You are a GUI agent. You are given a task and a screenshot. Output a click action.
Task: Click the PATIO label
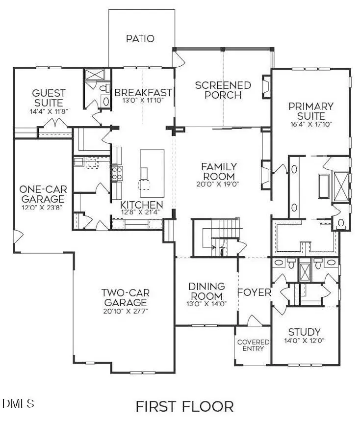[x=140, y=38]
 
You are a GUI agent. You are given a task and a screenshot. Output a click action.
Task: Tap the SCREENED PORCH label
[x=223, y=90]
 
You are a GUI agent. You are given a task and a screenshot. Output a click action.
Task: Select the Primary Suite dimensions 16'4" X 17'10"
[x=311, y=124]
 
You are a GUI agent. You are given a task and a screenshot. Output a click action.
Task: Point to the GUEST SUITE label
[x=48, y=98]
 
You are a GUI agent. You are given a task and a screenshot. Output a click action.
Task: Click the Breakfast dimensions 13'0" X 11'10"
[x=143, y=100]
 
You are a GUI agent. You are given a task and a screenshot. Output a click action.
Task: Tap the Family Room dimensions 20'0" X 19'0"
[x=219, y=185]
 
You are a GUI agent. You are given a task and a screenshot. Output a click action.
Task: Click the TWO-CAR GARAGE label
[x=125, y=297]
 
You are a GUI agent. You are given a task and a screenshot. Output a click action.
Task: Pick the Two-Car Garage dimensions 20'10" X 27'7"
[x=125, y=312]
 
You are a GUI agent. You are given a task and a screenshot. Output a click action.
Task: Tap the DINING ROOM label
[x=206, y=291]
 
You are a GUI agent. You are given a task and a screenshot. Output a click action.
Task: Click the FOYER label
[x=254, y=292]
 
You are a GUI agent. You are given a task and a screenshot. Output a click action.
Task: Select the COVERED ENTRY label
[x=253, y=345]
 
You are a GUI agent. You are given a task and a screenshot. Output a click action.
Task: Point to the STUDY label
[x=304, y=332]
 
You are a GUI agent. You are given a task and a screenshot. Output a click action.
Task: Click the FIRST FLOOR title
[x=184, y=406]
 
